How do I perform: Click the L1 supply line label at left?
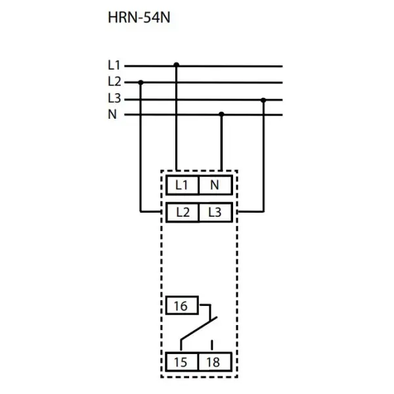[x=114, y=66]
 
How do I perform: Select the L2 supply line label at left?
[x=114, y=82]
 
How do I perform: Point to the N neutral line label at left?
[x=112, y=114]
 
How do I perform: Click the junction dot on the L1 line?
[x=176, y=65]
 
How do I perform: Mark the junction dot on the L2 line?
[x=141, y=82]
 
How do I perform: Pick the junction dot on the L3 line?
[x=263, y=100]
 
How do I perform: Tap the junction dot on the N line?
[x=221, y=114]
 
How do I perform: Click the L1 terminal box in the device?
[x=182, y=185]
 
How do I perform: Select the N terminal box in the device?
[x=215, y=185]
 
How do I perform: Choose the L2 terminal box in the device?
[x=182, y=212]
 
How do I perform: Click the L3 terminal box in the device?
[x=215, y=212]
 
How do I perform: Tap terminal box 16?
[x=182, y=306]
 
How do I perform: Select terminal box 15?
[x=182, y=361]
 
